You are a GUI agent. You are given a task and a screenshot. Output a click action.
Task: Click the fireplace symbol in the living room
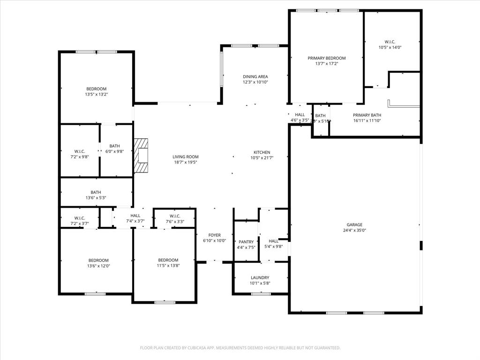tap(141, 156)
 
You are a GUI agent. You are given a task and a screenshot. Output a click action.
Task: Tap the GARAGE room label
tap(354, 225)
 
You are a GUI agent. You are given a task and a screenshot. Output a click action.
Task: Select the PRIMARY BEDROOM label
tap(326, 58)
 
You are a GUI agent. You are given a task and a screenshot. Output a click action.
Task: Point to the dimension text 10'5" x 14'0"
tap(390, 47)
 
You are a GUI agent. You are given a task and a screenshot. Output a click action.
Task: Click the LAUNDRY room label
tap(260, 277)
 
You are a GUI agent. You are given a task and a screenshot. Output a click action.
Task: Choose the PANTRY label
tap(246, 242)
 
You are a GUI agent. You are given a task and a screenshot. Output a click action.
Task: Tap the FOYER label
tap(215, 235)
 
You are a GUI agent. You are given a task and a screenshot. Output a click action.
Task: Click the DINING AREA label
tap(255, 76)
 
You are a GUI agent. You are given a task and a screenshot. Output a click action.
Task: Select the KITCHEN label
tap(262, 152)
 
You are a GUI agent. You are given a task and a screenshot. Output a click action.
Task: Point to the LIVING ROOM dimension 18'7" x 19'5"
tap(186, 163)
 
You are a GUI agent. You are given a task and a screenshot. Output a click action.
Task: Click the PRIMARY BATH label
tap(367, 115)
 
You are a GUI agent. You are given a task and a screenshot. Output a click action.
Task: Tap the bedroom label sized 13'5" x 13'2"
tap(96, 89)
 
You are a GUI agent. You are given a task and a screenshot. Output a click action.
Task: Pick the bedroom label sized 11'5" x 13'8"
tap(168, 260)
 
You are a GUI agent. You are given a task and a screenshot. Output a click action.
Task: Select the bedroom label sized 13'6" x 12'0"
tap(98, 261)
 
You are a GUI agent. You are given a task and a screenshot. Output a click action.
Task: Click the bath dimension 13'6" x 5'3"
tap(96, 198)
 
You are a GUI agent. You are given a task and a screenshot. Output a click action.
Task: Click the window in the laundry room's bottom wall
tap(261, 294)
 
